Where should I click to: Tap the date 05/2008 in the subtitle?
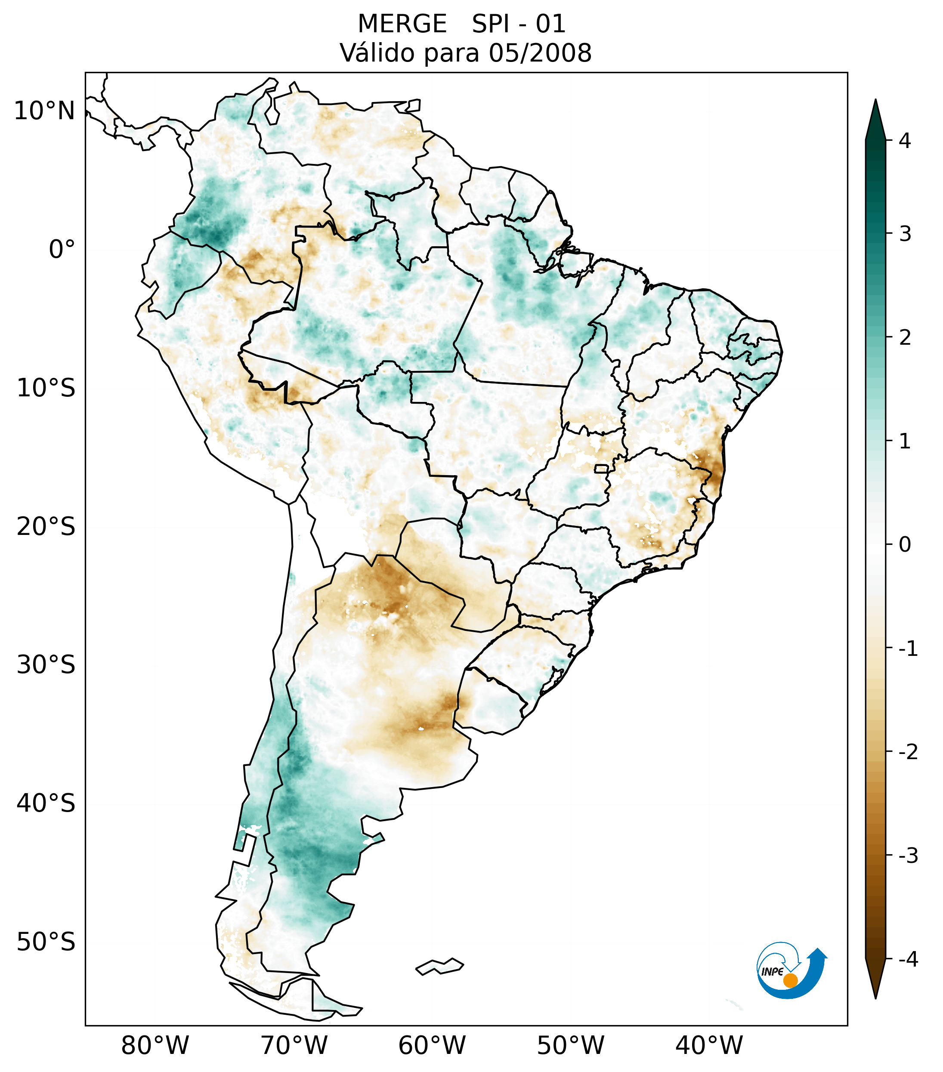click(x=540, y=53)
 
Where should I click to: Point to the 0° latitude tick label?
click(x=62, y=250)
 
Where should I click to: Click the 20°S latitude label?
click(x=46, y=527)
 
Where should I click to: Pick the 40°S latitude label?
click(x=46, y=803)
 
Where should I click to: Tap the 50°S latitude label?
click(x=46, y=942)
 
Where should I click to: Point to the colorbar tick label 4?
click(x=905, y=141)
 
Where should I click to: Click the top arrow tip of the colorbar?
click(x=875, y=103)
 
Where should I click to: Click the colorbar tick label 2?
click(x=905, y=338)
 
